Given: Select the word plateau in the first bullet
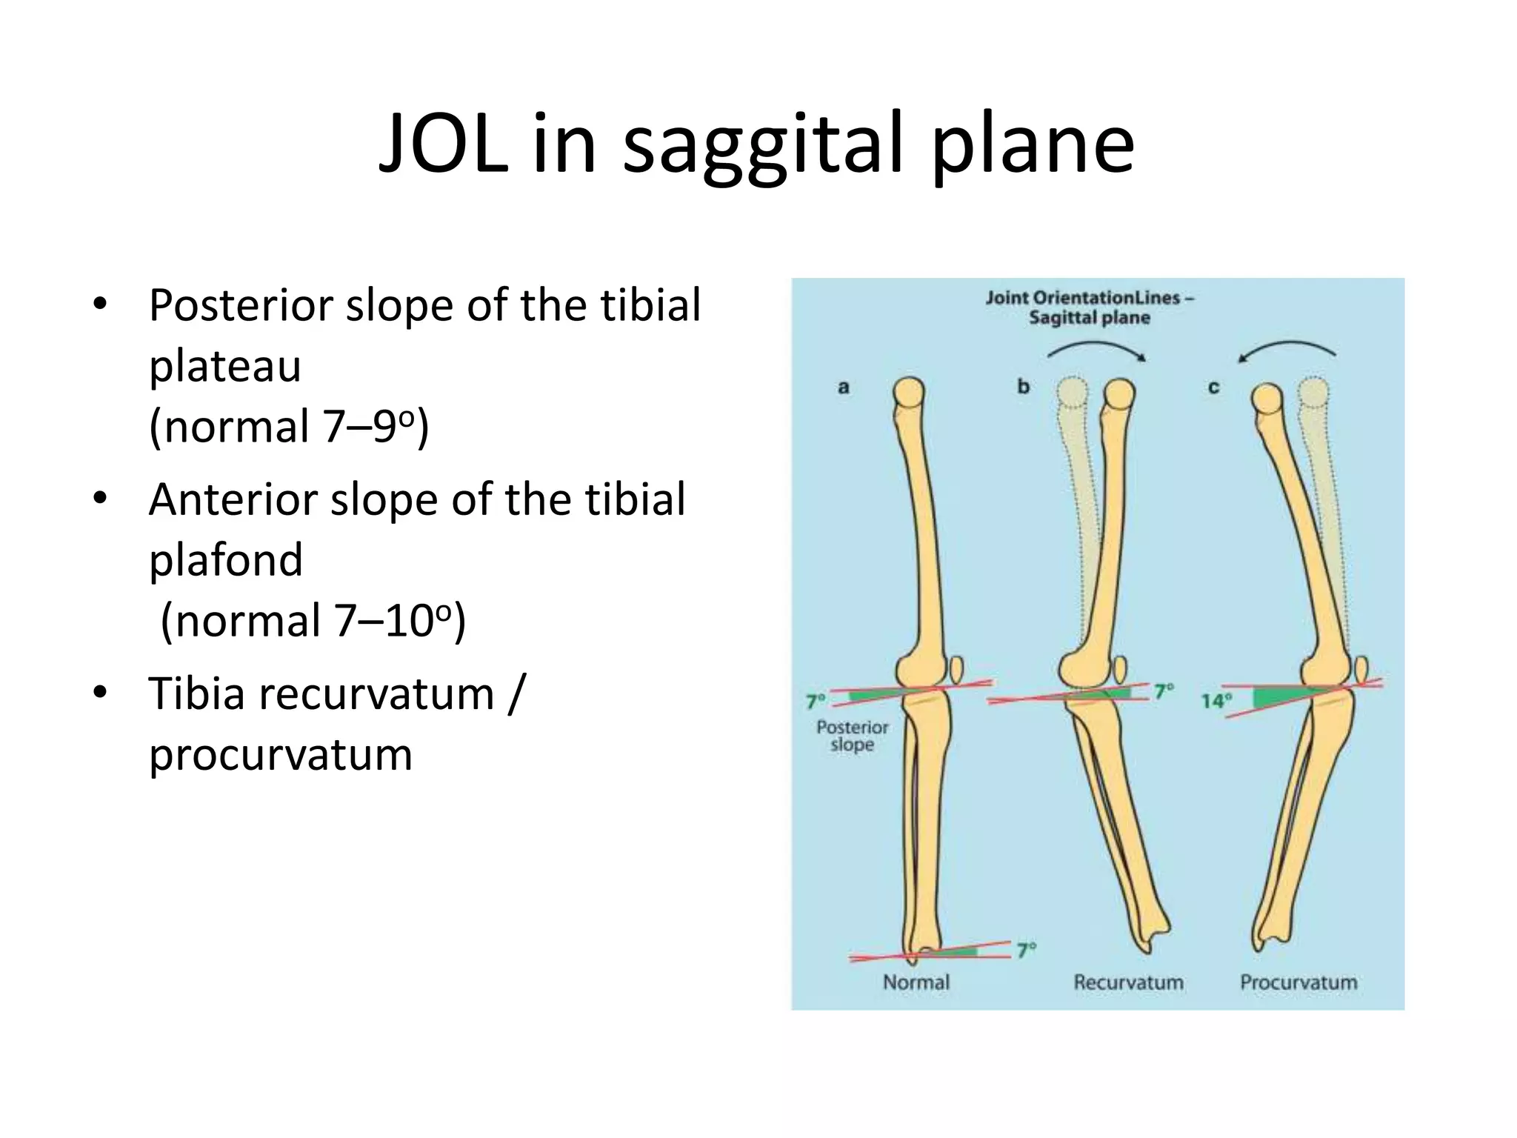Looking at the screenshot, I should pos(224,367).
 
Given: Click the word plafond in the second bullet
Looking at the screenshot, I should pos(226,559).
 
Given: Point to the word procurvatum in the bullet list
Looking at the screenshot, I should pos(280,756).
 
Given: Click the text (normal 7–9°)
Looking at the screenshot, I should pos(289,427).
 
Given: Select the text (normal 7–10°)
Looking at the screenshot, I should pos(313,621).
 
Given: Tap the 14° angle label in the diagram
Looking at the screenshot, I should pos(1216,701).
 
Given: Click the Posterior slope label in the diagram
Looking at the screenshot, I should pos(852,736).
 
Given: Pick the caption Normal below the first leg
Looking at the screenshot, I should pos(916,982).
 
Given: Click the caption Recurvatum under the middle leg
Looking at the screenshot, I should pos(1128,982).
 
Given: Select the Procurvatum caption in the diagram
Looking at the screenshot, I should pos(1298,982).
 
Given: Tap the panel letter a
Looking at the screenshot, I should pos(843,387).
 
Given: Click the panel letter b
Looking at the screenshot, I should pos(1023,387).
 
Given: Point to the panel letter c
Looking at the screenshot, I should pos(1213,387).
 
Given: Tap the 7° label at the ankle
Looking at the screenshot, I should pos(1026,950).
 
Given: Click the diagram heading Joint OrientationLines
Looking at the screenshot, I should pos(1089,299).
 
